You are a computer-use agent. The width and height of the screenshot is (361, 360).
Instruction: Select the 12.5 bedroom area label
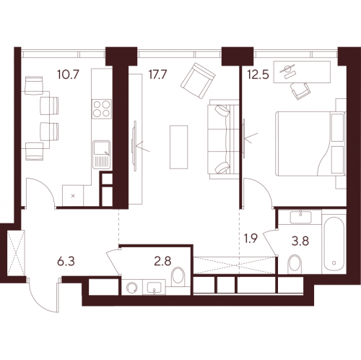[x=263, y=74]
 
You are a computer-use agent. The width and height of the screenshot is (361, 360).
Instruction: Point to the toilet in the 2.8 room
[x=180, y=277]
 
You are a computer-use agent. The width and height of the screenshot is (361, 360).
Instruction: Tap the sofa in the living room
[x=220, y=138]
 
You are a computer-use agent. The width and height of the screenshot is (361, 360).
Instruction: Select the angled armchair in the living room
[x=198, y=80]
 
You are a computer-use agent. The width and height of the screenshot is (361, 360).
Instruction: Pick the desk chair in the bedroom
[x=300, y=90]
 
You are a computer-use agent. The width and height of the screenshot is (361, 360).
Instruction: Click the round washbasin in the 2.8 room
[x=131, y=288]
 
